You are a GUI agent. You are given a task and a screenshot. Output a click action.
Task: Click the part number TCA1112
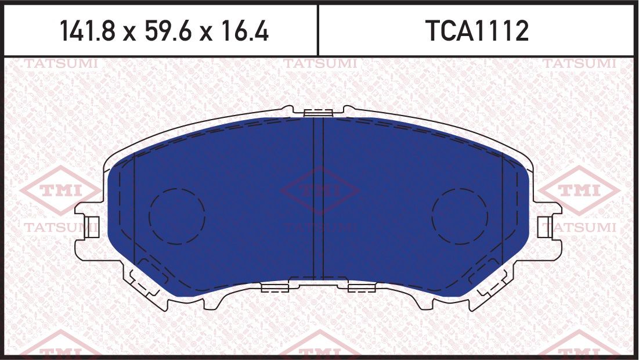point(477,31)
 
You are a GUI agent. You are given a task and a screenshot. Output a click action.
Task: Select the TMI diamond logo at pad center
point(319,190)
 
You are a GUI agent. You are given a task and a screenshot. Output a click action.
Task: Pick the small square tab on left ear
point(91,226)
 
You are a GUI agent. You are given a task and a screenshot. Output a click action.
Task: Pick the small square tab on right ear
point(545,226)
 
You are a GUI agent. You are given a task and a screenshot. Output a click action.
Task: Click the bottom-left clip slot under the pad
point(275,287)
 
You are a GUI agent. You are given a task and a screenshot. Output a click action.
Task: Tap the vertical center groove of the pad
point(318,197)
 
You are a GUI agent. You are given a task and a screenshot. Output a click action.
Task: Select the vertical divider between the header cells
point(318,30)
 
